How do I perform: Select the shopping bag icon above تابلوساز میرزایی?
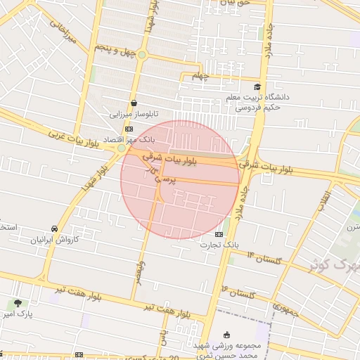134,103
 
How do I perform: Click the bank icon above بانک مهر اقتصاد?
128,129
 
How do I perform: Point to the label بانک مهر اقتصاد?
129,141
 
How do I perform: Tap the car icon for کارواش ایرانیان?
54,229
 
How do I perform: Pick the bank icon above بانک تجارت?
219,234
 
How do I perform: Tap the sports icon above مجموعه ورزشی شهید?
226,335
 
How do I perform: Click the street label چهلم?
201,77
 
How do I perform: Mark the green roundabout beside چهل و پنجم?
142,54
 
